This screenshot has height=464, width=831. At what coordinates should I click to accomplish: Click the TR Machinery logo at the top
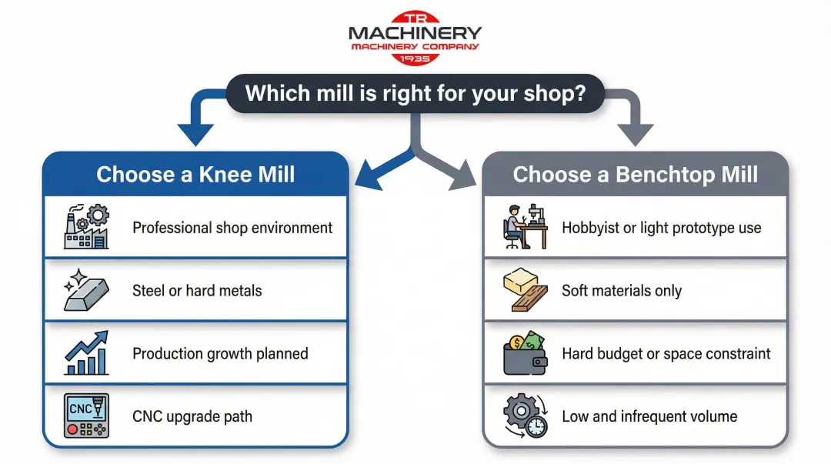[415, 36]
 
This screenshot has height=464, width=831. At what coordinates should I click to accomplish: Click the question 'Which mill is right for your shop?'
[415, 94]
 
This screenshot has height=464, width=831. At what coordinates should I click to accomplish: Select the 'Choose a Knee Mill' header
[195, 174]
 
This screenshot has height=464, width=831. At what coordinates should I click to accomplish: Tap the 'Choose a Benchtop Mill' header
[635, 174]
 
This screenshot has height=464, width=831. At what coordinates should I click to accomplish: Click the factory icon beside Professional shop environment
[86, 227]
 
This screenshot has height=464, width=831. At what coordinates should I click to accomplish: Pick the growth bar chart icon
[86, 354]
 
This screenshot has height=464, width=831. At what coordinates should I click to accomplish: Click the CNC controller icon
[86, 416]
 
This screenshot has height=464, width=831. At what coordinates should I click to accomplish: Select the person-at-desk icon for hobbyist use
[526, 227]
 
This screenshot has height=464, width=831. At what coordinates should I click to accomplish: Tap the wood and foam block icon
[526, 291]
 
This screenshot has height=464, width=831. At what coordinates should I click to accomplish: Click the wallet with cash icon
[526, 354]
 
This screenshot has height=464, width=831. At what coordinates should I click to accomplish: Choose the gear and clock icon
[526, 416]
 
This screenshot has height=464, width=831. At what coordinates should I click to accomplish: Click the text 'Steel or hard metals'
[197, 291]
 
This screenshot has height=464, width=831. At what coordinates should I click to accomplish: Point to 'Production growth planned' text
[220, 354]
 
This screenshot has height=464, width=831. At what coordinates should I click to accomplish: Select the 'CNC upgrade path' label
[192, 416]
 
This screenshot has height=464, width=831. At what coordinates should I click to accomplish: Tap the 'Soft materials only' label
[622, 291]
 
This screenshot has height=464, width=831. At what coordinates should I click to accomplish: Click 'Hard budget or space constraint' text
[666, 354]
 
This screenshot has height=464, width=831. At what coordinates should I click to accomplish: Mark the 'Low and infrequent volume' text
[649, 416]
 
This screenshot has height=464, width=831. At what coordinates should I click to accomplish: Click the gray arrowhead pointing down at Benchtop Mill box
[634, 135]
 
